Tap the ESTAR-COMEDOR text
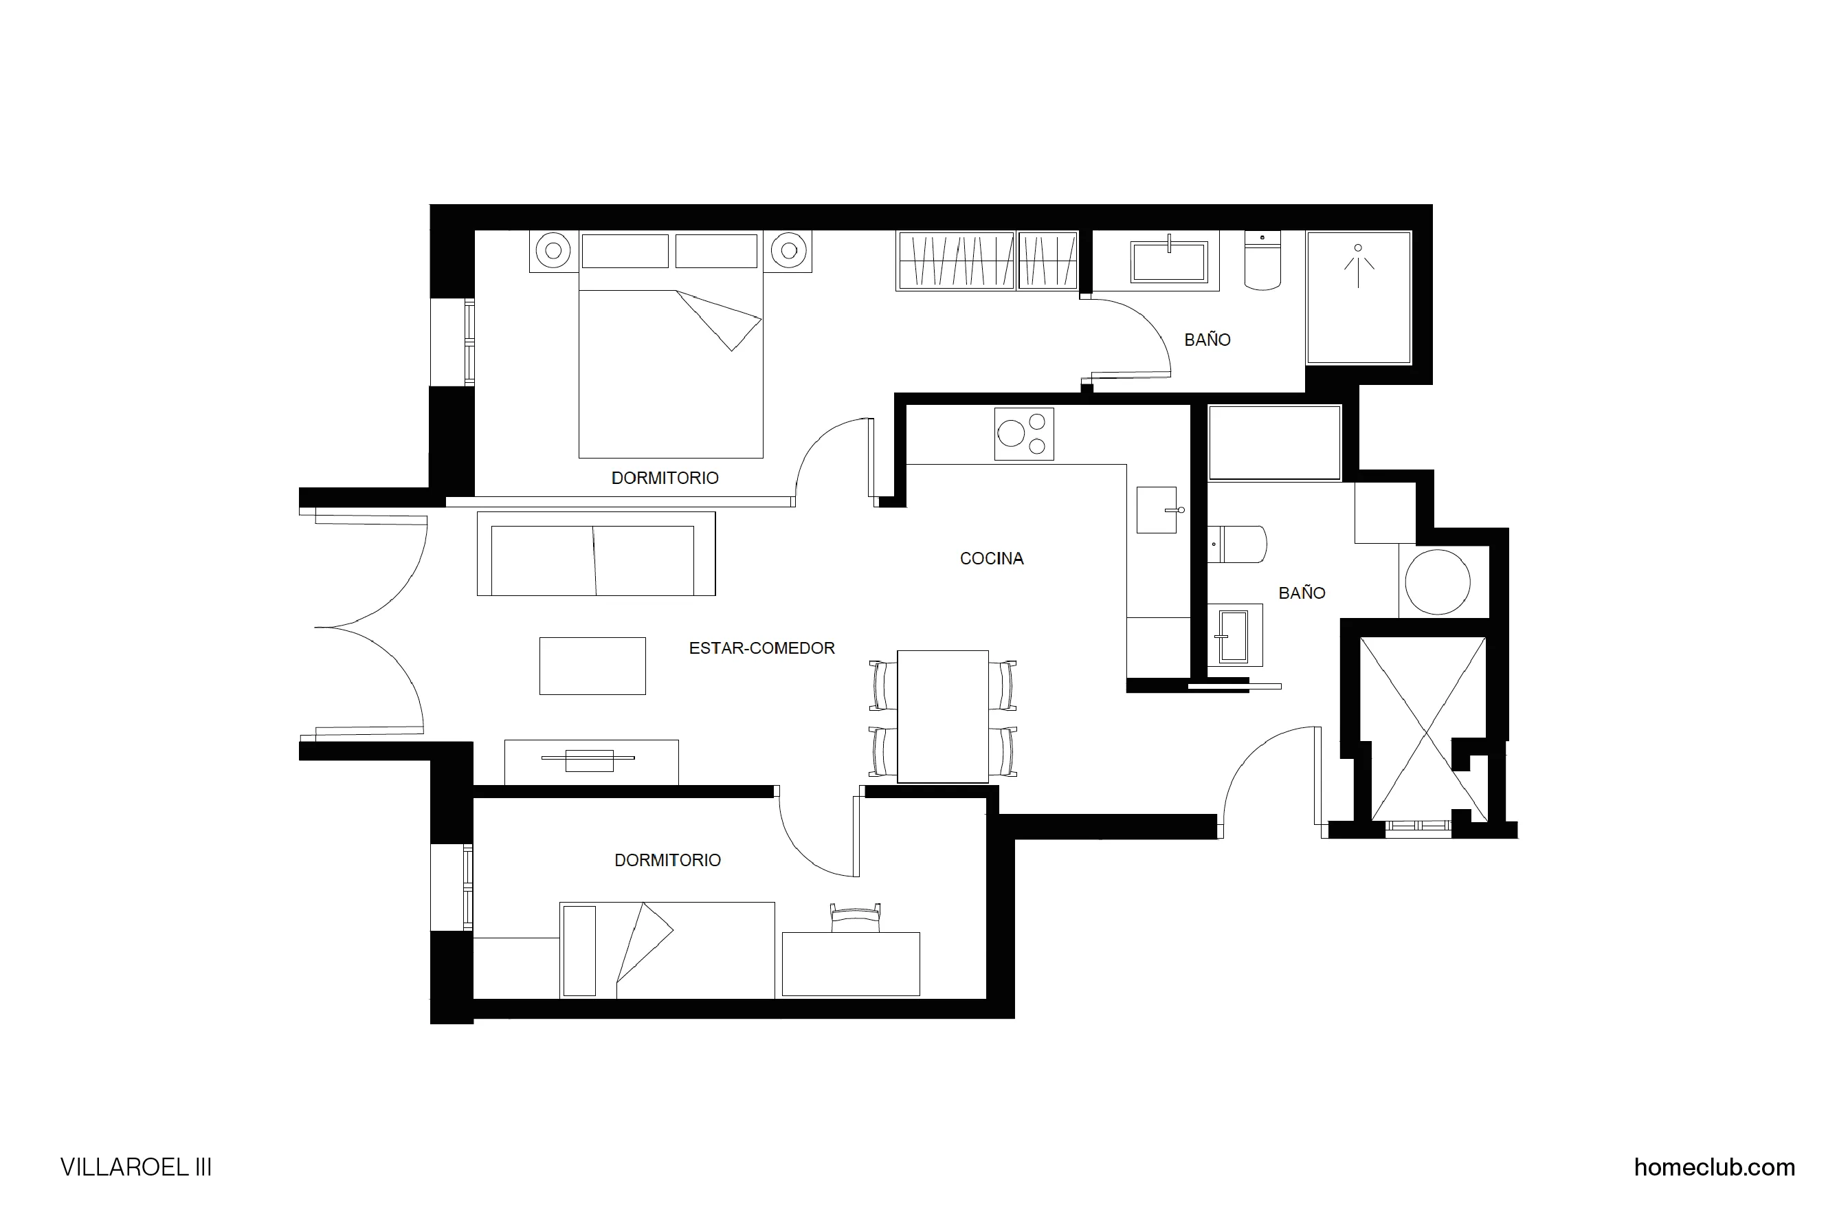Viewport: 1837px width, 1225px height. tap(761, 648)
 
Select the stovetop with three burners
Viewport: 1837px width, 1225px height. tap(1024, 434)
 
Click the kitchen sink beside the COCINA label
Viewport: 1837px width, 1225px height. tap(1156, 510)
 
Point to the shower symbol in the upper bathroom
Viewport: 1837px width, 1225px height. tap(1358, 265)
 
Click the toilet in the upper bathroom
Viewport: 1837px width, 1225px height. tap(1262, 262)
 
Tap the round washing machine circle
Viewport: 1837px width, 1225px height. tap(1437, 582)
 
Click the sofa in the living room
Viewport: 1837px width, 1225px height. tap(595, 555)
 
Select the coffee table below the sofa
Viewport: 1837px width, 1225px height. tap(592, 665)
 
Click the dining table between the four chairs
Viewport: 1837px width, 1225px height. tap(943, 716)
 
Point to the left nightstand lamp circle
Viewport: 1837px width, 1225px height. tap(553, 251)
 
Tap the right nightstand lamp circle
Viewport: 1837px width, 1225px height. tap(789, 251)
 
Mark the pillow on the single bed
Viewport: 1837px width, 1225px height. tap(579, 951)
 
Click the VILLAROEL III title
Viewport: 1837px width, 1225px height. tap(136, 1167)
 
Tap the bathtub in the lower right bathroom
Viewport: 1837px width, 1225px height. tap(1274, 442)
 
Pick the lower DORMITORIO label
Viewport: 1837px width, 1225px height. tap(667, 860)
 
